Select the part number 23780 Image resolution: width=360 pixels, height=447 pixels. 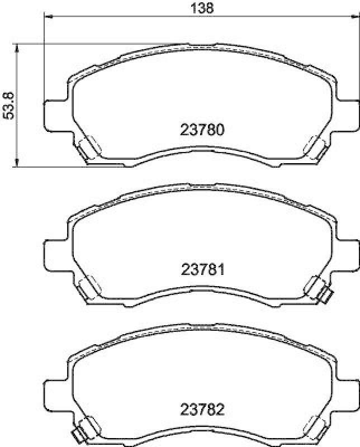click(x=202, y=130)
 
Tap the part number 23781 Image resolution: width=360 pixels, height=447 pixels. click(x=202, y=270)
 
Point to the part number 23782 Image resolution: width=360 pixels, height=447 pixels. click(x=202, y=410)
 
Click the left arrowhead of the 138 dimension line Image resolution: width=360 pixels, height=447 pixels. click(x=48, y=18)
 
